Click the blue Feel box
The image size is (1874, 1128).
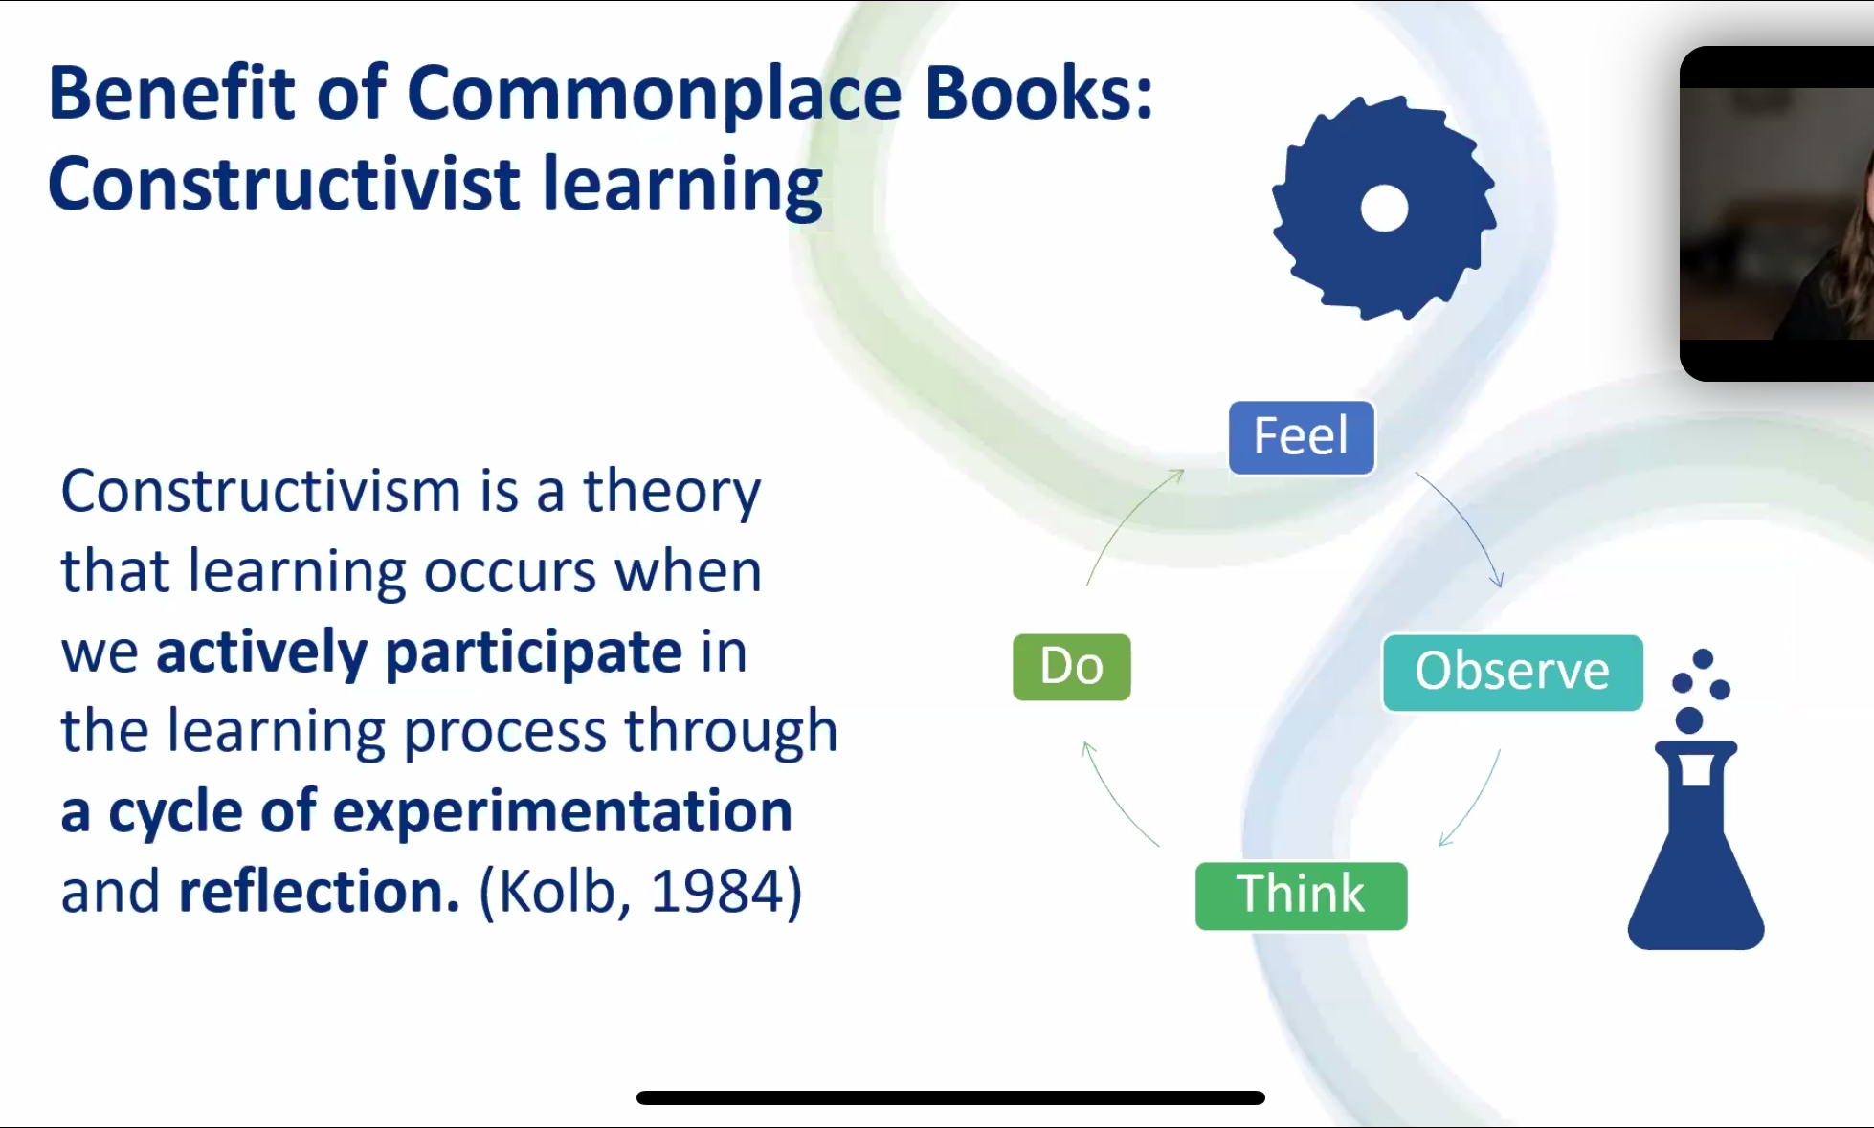click(1302, 438)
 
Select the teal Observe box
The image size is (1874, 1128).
click(1512, 672)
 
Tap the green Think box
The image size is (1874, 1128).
click(1301, 896)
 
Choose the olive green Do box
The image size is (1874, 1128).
click(1072, 667)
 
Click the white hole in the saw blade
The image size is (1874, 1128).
click(1384, 209)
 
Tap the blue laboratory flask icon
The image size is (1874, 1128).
click(1695, 800)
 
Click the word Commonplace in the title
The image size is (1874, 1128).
click(655, 95)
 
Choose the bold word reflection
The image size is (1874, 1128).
click(320, 892)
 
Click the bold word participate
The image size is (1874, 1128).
click(534, 653)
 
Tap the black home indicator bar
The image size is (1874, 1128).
click(950, 1097)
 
